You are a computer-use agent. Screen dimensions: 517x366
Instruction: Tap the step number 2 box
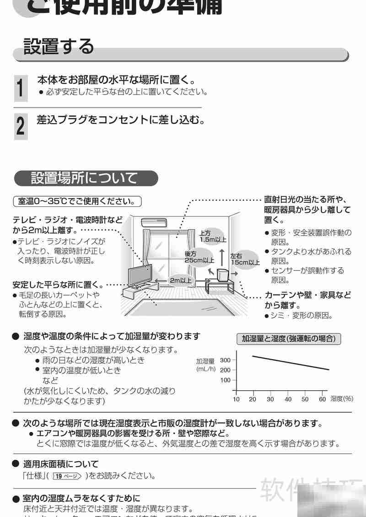pyautogui.click(x=20, y=125)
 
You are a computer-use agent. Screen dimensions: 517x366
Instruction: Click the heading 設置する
pyautogui.click(x=59, y=47)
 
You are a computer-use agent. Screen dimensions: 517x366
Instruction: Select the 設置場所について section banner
pyautogui.click(x=85, y=178)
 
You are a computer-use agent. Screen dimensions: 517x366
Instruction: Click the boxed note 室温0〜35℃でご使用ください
pyautogui.click(x=77, y=201)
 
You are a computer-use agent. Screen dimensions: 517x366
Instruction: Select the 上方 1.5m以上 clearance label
pyautogui.click(x=213, y=236)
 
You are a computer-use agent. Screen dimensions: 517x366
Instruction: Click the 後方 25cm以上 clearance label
pyautogui.click(x=199, y=257)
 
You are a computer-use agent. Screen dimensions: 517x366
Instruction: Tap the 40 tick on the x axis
pyautogui.click(x=288, y=399)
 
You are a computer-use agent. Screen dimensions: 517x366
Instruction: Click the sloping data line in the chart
pyautogui.click(x=291, y=362)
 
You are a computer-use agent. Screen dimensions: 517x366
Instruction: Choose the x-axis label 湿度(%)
pyautogui.click(x=342, y=399)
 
